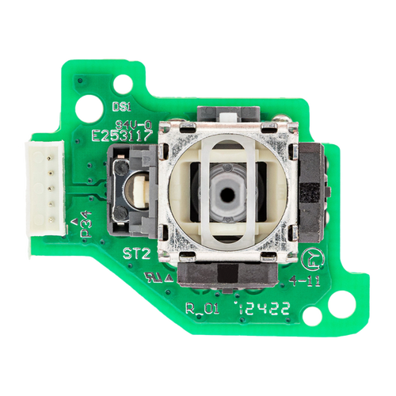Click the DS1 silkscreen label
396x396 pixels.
click(x=121, y=105)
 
